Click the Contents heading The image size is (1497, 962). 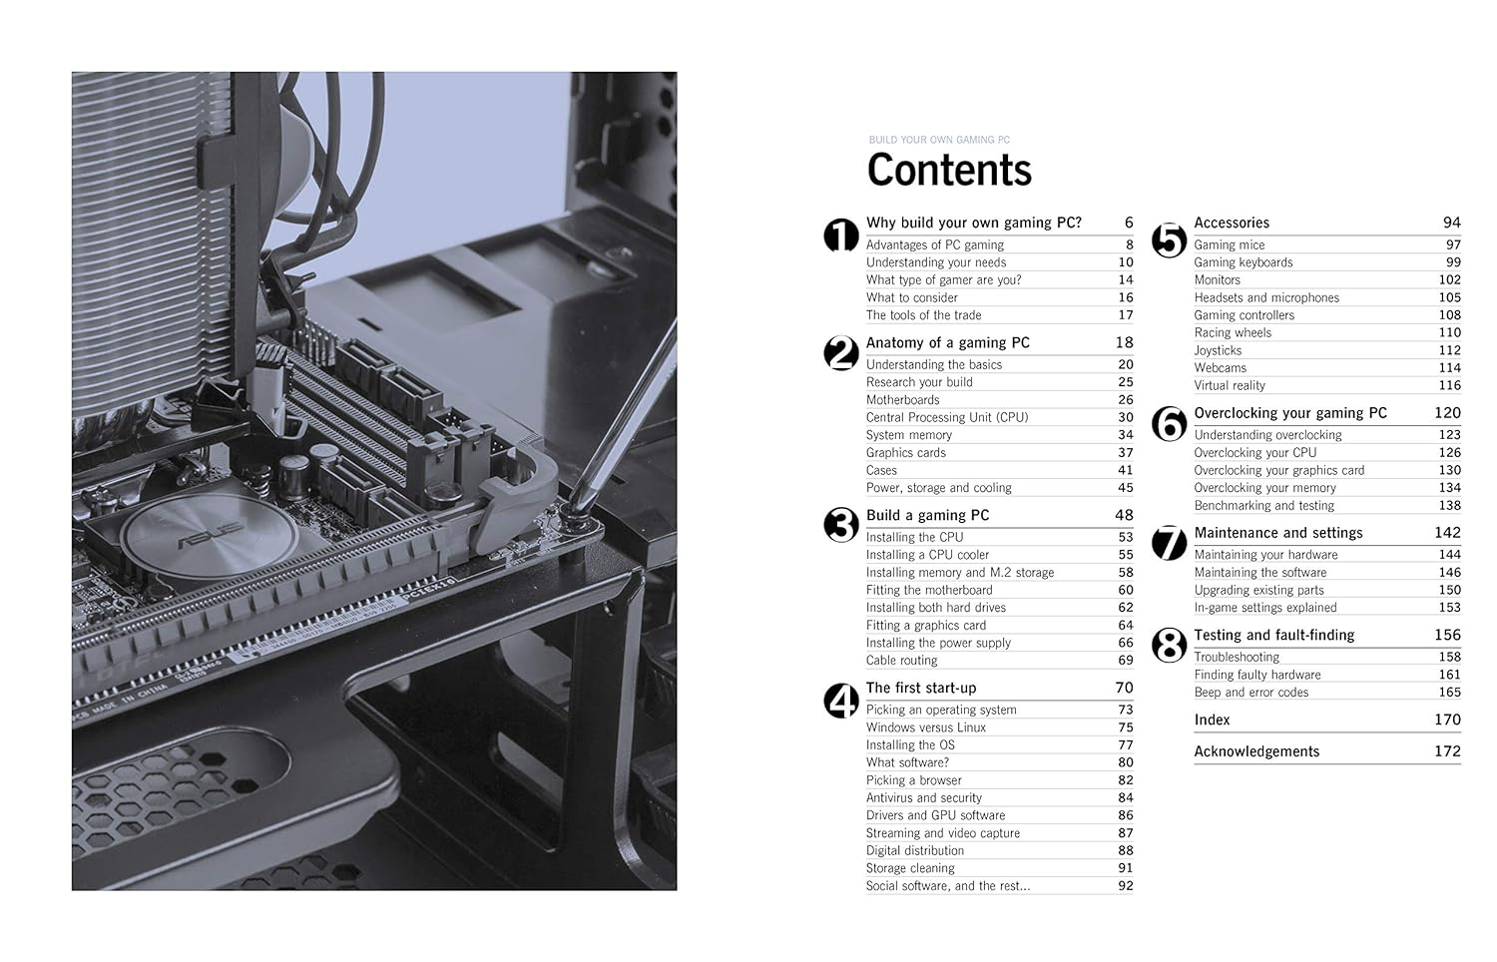click(x=949, y=171)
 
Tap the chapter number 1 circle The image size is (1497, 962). click(x=841, y=236)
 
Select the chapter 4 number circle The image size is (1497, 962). click(x=841, y=701)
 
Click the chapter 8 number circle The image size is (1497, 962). click(x=1169, y=647)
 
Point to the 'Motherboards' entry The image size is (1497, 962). click(x=903, y=400)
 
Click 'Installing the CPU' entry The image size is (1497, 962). click(x=915, y=537)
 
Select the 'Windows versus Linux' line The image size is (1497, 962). click(x=926, y=727)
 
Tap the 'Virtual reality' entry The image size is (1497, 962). click(x=1230, y=385)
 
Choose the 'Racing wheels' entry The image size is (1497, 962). click(x=1233, y=332)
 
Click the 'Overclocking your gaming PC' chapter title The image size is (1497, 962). click(x=1290, y=413)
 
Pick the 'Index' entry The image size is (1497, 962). click(x=1212, y=720)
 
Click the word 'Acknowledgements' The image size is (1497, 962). click(x=1256, y=751)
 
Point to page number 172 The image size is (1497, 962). click(x=1447, y=751)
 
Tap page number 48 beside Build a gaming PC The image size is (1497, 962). click(x=1124, y=515)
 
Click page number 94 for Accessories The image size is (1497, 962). click(x=1451, y=223)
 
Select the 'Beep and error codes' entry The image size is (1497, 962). click(x=1251, y=693)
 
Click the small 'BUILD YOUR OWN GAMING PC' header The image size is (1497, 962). click(x=939, y=140)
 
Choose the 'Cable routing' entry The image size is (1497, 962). click(x=902, y=661)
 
